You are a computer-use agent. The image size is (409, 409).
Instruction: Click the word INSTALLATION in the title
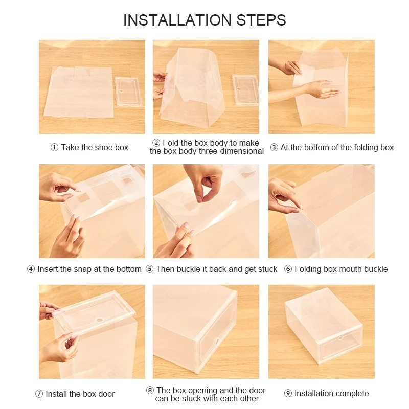click(177, 20)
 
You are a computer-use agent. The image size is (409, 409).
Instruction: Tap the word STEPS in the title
click(261, 20)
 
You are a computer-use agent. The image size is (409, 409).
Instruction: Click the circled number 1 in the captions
click(54, 148)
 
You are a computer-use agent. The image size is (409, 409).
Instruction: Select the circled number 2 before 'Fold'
click(156, 143)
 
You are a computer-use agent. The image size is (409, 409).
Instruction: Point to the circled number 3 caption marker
click(274, 148)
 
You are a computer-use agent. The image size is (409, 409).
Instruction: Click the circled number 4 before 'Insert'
click(31, 269)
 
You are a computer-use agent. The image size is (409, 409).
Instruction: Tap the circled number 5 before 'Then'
click(149, 269)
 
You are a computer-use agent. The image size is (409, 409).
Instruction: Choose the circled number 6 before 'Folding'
click(288, 269)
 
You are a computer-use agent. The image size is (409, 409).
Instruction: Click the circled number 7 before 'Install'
click(39, 394)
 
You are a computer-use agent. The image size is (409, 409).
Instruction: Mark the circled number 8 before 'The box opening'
click(150, 390)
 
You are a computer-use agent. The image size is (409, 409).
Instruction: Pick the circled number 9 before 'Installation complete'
click(288, 393)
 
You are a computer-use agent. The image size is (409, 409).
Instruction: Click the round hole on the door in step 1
click(121, 91)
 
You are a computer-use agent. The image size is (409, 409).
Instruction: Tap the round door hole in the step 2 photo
click(238, 88)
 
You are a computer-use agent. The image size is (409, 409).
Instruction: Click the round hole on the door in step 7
click(99, 320)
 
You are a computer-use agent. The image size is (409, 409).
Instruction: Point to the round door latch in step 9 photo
click(340, 338)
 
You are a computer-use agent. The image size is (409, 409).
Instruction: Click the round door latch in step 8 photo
click(216, 341)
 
